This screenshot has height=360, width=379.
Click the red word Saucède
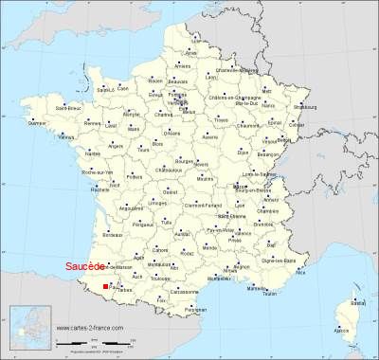(84, 266)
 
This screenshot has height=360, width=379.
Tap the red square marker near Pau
(105, 285)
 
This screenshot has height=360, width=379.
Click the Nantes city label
(93, 153)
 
